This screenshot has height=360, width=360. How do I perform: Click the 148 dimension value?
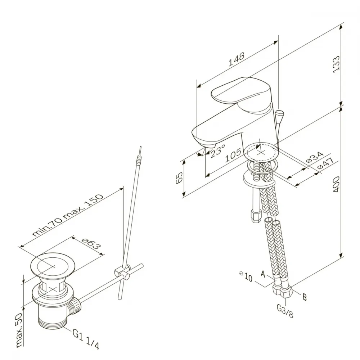point(237,59)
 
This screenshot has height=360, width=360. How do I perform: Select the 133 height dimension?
point(336,64)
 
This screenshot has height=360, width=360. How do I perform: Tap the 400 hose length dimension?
point(336,184)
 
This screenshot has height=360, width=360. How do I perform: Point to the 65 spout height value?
point(179,177)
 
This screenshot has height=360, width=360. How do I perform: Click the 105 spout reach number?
point(233,156)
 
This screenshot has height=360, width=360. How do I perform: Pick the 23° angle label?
point(217,151)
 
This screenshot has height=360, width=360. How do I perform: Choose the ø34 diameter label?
point(315,157)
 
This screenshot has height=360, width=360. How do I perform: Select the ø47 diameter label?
point(325,164)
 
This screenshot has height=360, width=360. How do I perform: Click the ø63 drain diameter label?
point(91,243)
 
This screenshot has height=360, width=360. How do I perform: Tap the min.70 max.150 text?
point(68,215)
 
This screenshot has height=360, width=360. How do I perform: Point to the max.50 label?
point(19,330)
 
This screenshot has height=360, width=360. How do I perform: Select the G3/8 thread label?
point(285,311)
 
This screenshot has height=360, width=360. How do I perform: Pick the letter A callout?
point(263,274)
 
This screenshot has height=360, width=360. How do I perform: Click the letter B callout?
point(305,297)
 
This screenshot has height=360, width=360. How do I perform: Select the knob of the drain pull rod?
point(280,113)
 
